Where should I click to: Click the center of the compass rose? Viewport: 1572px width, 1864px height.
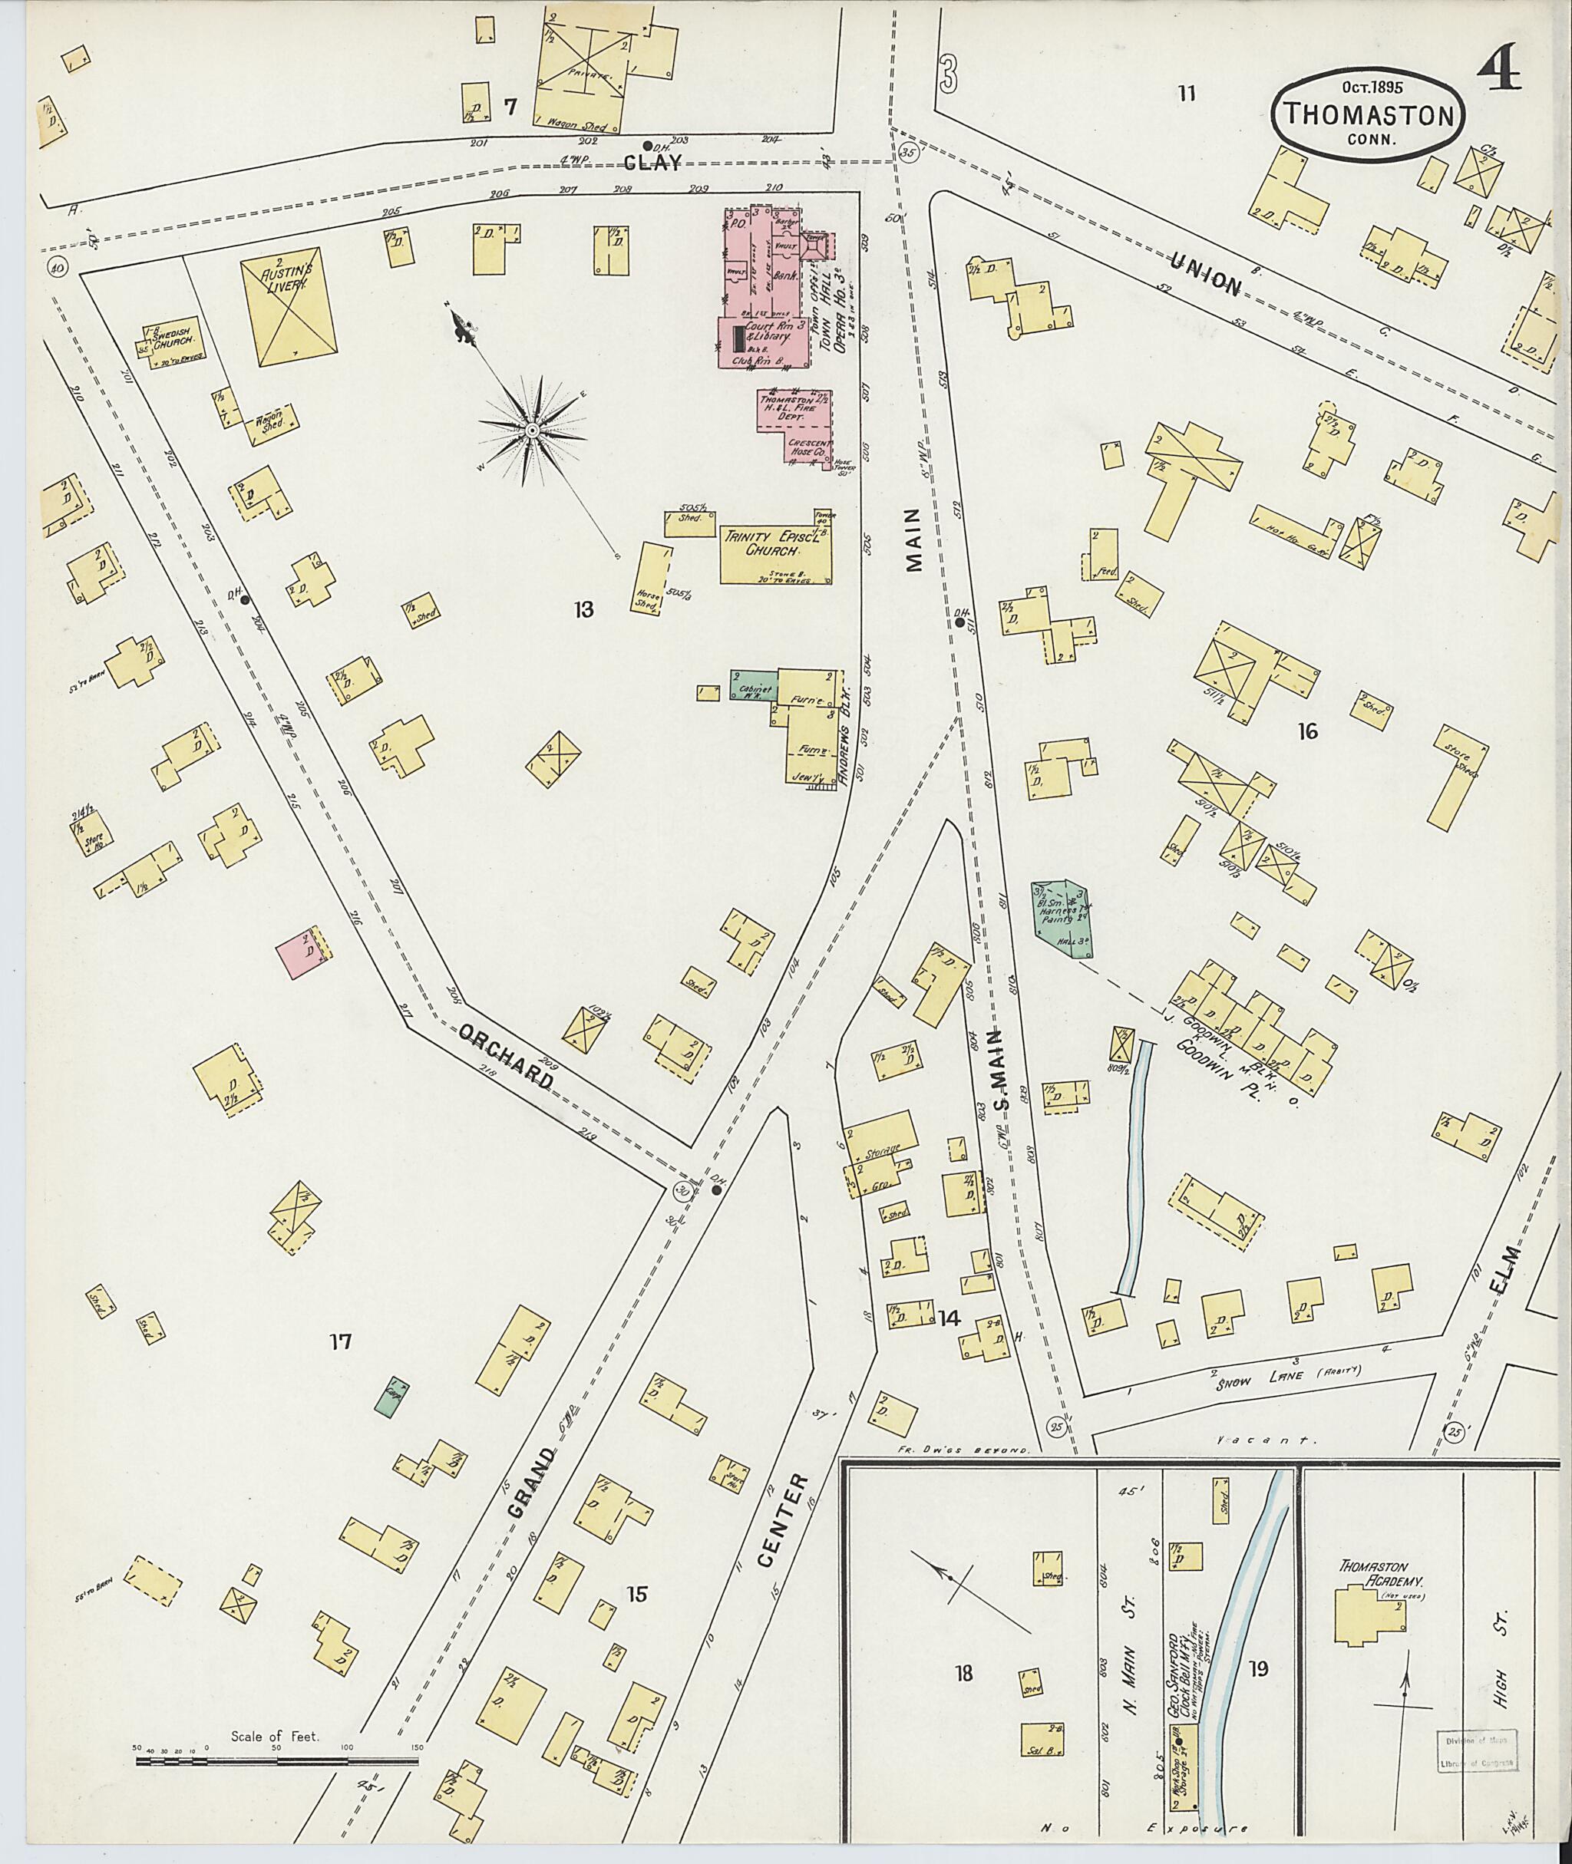531,431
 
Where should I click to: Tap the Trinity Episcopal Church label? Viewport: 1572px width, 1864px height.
775,546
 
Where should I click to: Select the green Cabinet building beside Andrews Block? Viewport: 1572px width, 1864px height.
754,685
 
